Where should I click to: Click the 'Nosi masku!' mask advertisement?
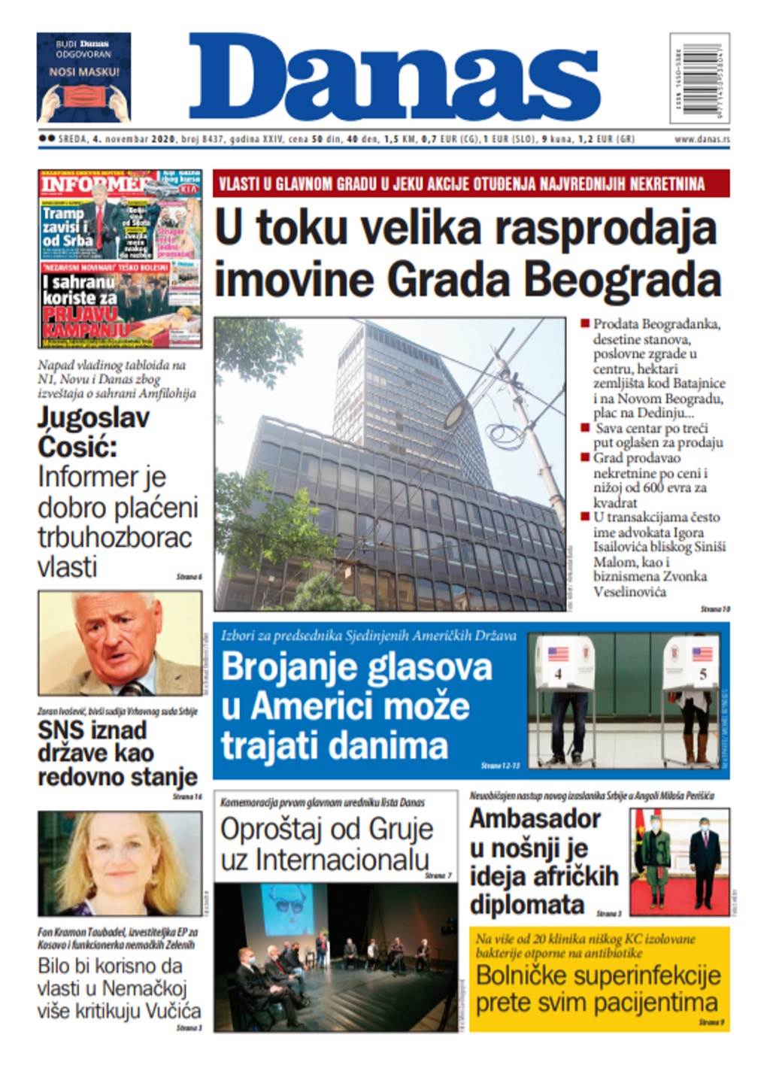point(83,77)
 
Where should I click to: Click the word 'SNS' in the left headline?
point(59,730)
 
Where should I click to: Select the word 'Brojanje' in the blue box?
point(283,667)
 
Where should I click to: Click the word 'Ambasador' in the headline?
point(535,818)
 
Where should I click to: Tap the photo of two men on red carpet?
point(678,862)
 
